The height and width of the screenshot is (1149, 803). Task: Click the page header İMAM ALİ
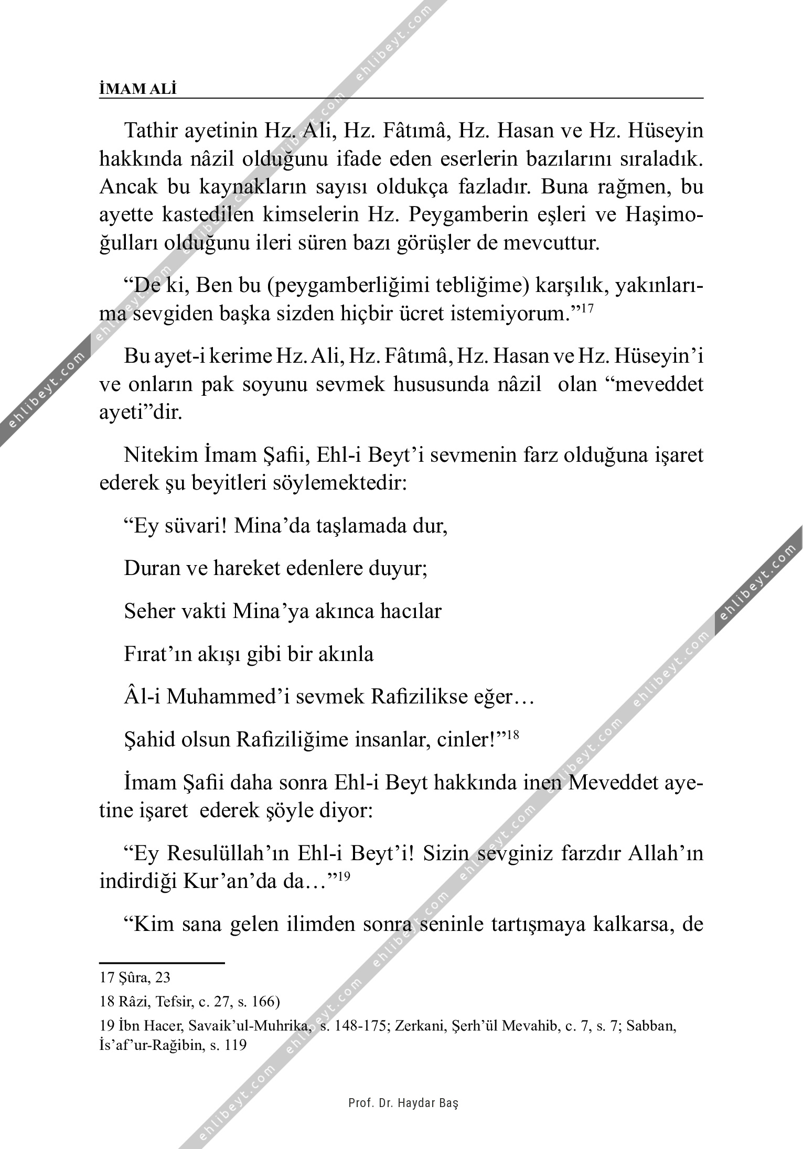138,89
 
